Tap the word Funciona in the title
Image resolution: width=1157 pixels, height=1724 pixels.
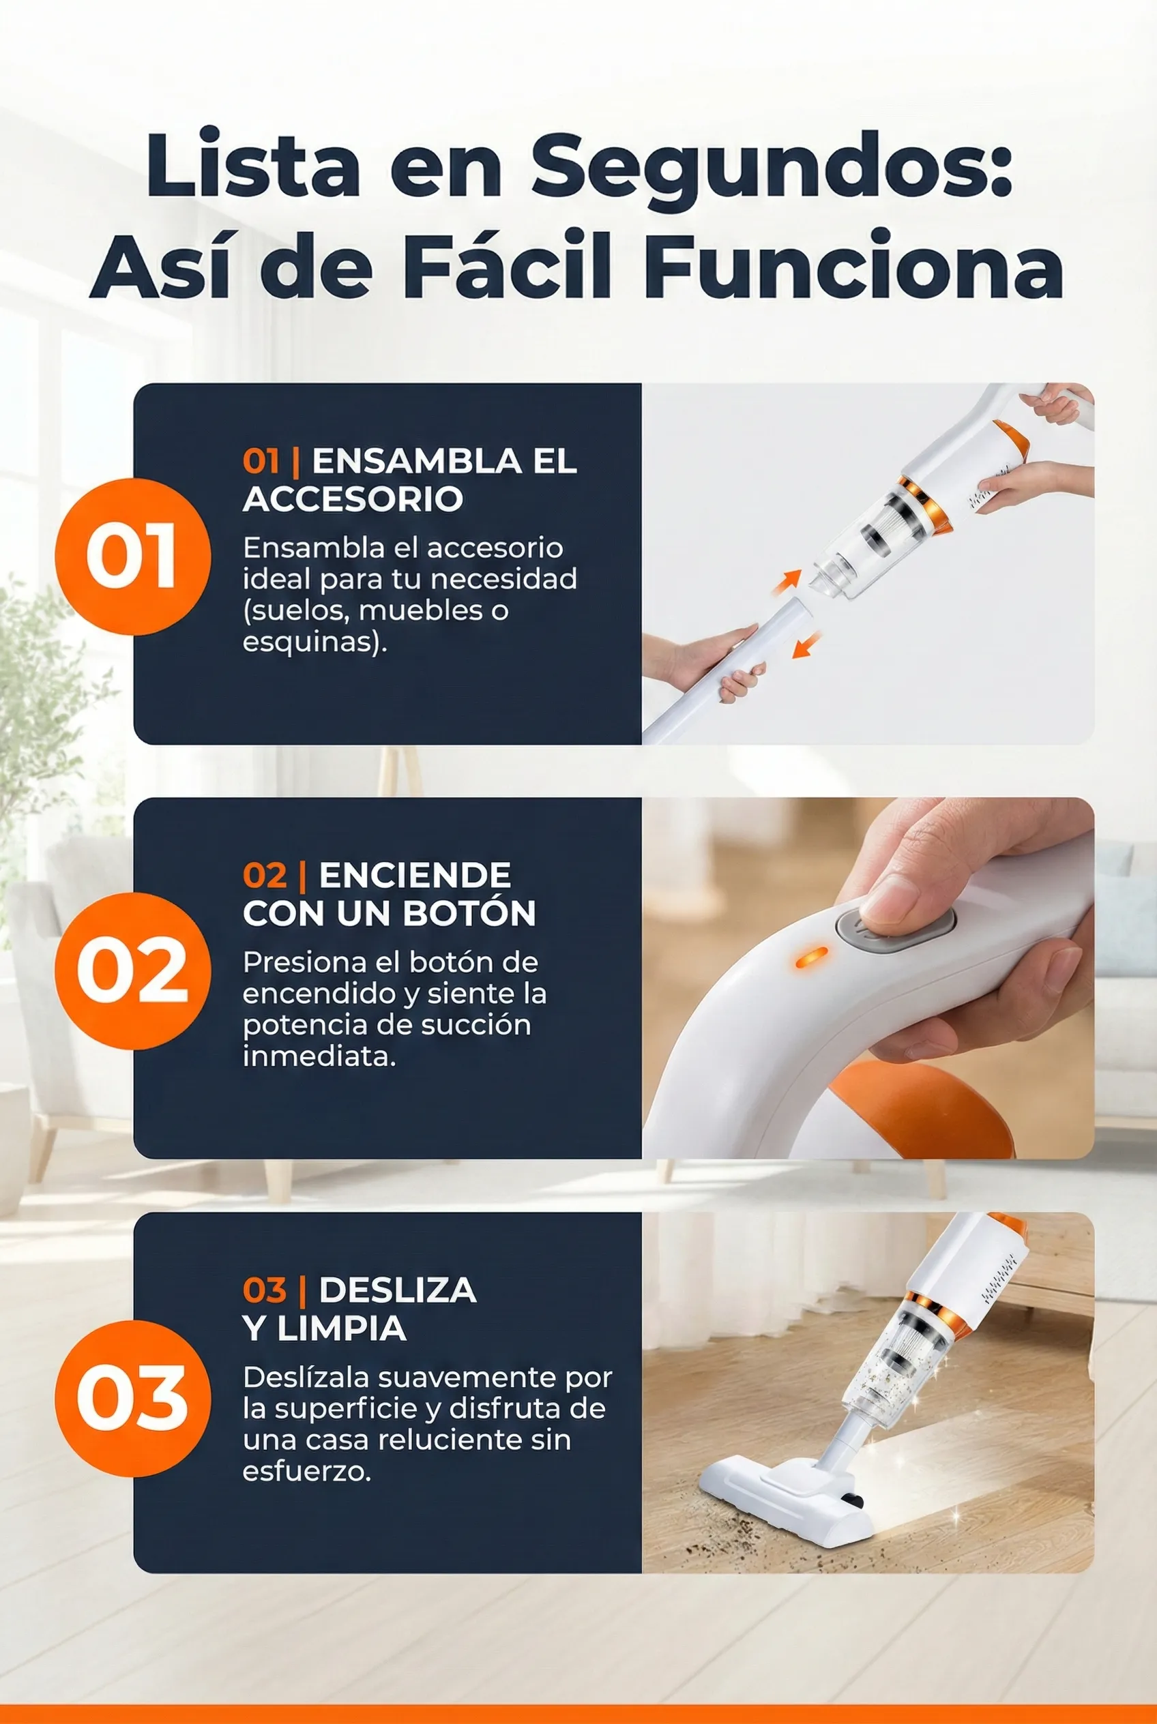(853, 265)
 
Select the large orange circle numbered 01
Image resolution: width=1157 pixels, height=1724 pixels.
(133, 556)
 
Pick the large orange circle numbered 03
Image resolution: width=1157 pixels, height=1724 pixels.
(133, 1399)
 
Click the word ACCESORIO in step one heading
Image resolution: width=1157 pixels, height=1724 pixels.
(353, 499)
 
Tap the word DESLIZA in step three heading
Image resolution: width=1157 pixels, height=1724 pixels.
(398, 1290)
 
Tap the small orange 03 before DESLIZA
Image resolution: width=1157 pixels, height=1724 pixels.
(264, 1291)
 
